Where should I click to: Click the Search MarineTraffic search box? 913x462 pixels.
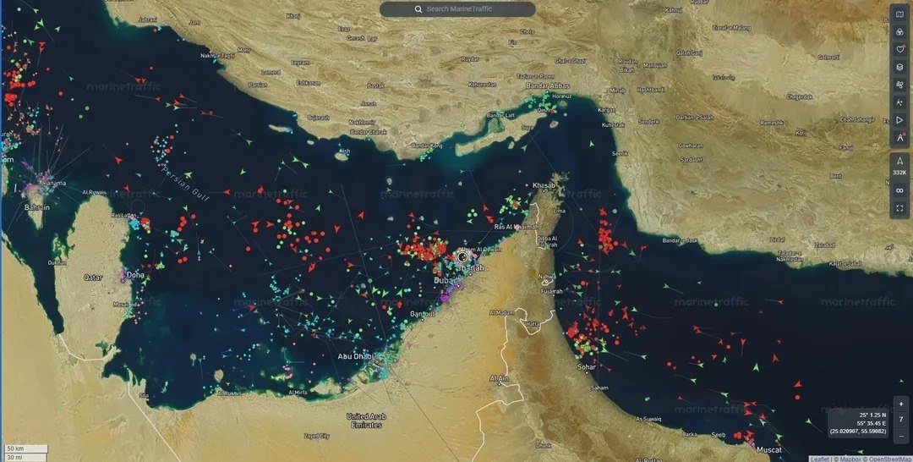[457, 9]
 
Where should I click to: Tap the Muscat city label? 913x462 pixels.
[769, 449]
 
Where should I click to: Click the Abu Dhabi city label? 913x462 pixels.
[356, 356]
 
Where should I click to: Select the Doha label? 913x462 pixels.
[135, 275]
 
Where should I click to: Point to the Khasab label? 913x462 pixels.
[548, 184]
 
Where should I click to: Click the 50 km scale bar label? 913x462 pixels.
[14, 448]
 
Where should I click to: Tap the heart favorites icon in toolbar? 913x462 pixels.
[899, 48]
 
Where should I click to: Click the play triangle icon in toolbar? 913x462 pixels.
[899, 120]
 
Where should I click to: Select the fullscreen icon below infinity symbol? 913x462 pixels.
[899, 207]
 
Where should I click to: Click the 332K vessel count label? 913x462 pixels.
[899, 173]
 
